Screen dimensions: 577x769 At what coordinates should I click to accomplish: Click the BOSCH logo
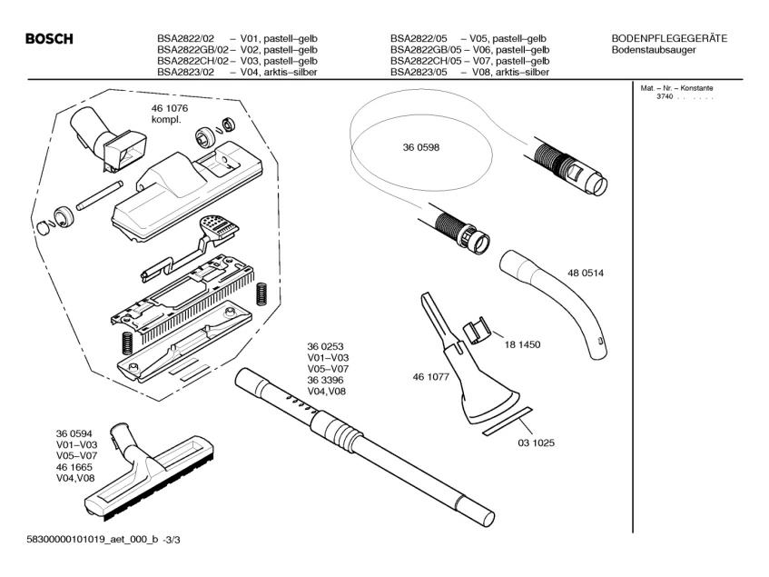tap(49, 39)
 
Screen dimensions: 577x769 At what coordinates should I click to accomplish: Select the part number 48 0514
tap(586, 273)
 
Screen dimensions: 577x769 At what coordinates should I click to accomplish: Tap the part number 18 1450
tap(524, 344)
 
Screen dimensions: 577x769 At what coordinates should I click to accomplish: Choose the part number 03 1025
tap(537, 443)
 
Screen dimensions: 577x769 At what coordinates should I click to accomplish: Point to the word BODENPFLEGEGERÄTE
tap(669, 37)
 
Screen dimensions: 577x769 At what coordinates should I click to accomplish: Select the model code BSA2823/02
tap(184, 72)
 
